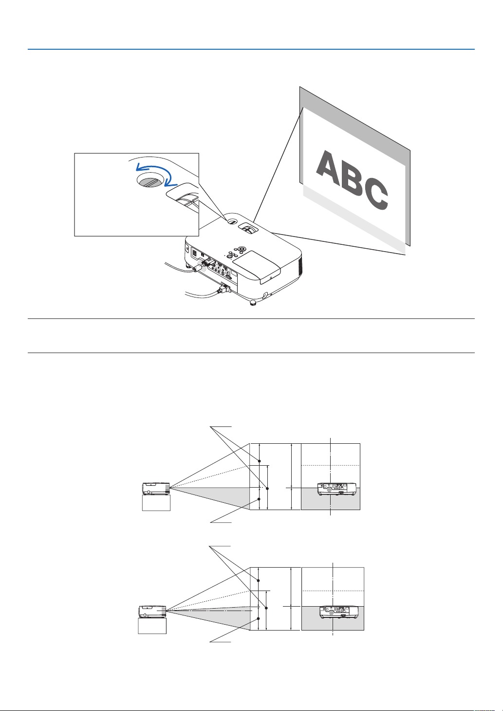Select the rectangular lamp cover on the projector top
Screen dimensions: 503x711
point(256,263)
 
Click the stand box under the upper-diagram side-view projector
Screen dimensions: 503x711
point(156,503)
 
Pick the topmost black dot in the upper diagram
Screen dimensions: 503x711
point(260,461)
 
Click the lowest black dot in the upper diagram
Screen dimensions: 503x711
point(260,500)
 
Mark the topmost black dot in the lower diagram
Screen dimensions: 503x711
point(259,580)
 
